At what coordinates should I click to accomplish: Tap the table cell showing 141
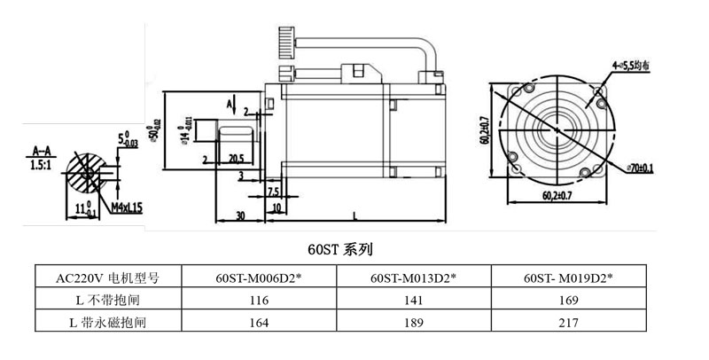[413, 301]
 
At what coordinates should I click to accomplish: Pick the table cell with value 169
[568, 301]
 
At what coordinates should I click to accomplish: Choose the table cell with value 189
[413, 323]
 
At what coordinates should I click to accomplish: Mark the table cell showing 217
[568, 323]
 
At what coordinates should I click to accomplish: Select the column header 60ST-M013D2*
[413, 278]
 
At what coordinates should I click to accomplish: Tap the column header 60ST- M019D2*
[568, 278]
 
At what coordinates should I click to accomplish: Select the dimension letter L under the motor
[354, 215]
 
